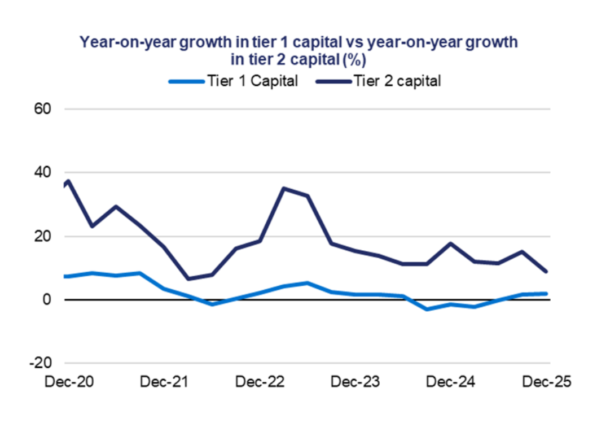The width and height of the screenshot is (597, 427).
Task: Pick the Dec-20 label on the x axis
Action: coord(69,382)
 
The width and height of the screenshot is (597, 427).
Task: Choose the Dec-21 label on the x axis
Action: coord(164,382)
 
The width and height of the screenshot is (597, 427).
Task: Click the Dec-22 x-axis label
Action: coord(260,382)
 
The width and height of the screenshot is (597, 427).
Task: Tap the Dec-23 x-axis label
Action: coord(355,382)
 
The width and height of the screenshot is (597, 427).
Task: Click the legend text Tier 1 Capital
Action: coord(252,81)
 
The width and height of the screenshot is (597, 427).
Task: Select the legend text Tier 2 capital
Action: coord(397,81)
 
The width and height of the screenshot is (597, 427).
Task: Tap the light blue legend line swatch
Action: coord(186,81)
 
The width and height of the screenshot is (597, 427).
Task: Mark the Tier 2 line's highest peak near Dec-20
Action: coord(68,181)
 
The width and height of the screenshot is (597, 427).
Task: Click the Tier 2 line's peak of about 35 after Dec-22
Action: coord(284,189)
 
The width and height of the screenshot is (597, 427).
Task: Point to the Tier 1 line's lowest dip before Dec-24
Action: coord(427,309)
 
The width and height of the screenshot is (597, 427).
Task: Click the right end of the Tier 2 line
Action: coord(546,272)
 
